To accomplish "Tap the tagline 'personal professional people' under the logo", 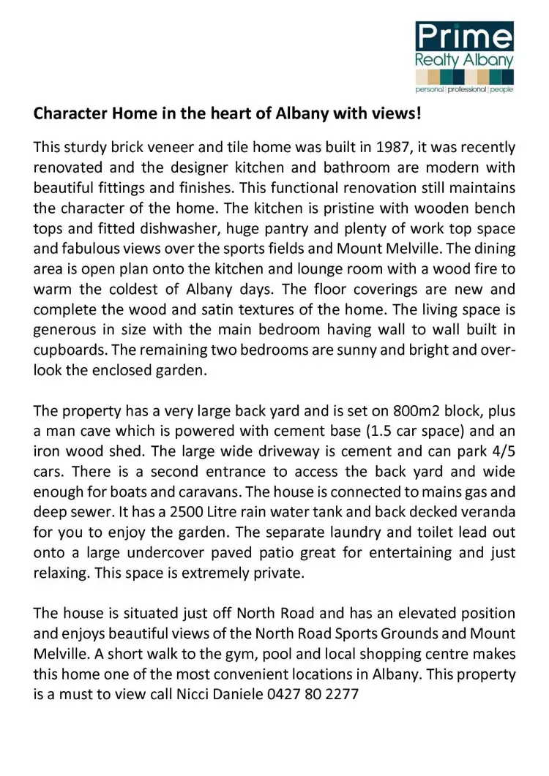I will (464, 89).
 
